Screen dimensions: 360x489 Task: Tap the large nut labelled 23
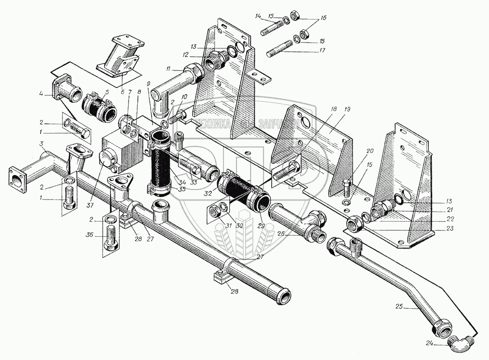tap(355, 224)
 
